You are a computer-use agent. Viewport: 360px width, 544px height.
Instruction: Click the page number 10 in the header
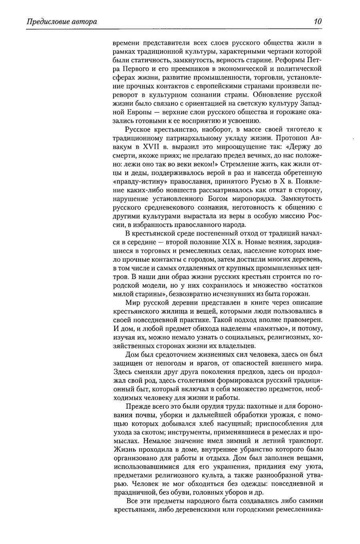[x=318, y=22]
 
